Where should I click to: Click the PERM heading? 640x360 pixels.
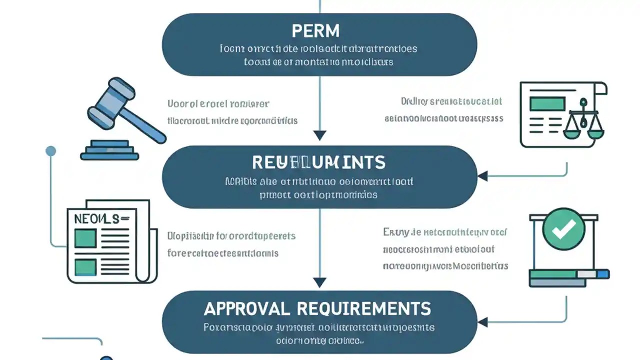coord(315,31)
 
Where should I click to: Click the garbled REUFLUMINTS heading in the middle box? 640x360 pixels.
coord(319,162)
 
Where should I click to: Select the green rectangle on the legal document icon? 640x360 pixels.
coord(546,103)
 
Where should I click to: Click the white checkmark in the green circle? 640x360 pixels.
coord(563,229)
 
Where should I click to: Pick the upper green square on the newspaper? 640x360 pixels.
coord(85,238)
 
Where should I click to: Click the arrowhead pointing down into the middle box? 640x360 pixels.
coord(319,135)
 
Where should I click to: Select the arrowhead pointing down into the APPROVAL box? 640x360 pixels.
coord(319,282)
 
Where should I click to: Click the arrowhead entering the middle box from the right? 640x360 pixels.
coord(482,176)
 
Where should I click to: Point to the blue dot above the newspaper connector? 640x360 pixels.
coord(50,150)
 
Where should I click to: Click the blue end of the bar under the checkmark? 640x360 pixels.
coord(603,274)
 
